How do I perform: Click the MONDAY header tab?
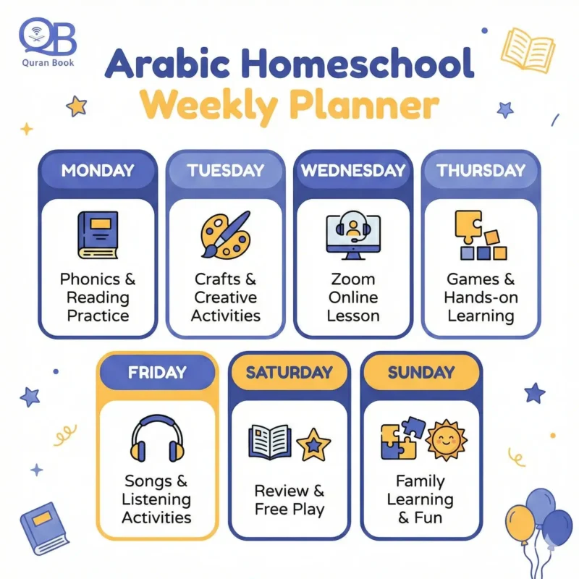[x=98, y=171]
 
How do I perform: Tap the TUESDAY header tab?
[x=224, y=171]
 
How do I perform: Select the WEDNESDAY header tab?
[x=352, y=171]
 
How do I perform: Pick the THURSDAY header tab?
[x=481, y=171]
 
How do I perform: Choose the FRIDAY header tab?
[x=156, y=373]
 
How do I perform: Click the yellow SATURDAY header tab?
[x=289, y=373]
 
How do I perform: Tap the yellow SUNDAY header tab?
[x=420, y=373]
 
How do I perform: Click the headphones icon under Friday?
[x=156, y=438]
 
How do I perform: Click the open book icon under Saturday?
[x=269, y=442]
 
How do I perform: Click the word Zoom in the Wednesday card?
[x=352, y=279]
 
